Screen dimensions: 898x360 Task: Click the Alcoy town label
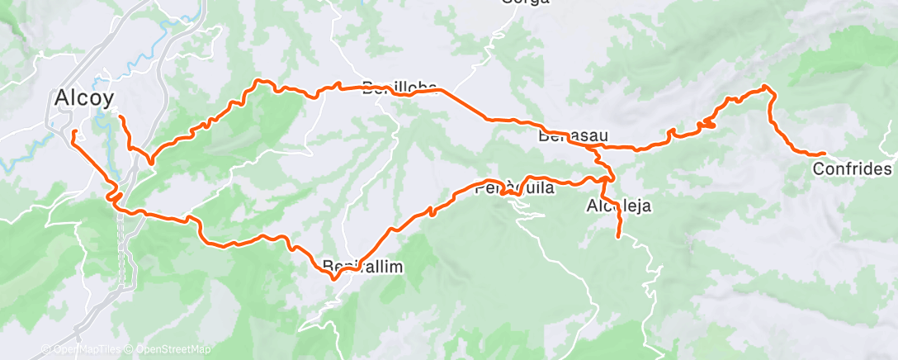pos(83,97)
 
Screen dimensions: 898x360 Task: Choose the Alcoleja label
pos(621,206)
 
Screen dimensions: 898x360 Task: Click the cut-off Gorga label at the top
pos(525,2)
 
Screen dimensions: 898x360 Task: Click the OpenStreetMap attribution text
pos(173,349)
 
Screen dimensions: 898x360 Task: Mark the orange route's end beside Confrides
pos(825,154)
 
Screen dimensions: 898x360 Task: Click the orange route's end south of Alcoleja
pos(618,238)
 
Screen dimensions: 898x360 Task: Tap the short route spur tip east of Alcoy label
pos(121,117)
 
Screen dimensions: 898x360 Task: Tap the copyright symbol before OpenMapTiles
pos(47,349)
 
